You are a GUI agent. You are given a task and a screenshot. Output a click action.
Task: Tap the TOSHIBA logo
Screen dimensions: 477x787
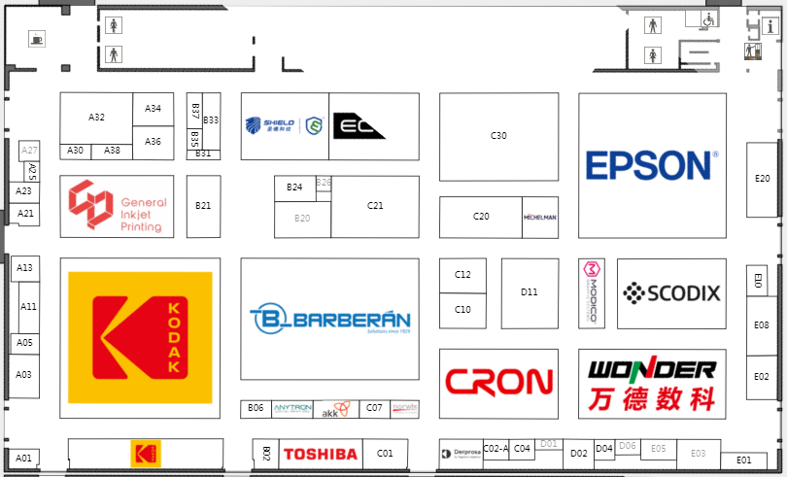pos(320,454)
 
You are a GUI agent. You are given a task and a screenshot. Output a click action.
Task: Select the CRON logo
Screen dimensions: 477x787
pos(497,382)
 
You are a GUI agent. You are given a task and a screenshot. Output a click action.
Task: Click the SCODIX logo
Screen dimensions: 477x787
pos(671,291)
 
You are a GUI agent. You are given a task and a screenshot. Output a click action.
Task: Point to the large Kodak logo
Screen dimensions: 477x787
pos(140,337)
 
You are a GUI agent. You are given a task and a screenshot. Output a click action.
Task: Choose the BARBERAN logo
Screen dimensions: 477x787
pos(329,320)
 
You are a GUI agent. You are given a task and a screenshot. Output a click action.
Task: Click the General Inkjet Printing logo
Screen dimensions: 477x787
pos(117,207)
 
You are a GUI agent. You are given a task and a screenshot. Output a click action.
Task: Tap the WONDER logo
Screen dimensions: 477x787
pos(652,383)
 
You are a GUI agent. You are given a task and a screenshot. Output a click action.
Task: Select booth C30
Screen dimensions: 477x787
pos(498,136)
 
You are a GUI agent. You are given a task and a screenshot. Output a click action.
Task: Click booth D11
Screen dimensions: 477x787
pos(530,292)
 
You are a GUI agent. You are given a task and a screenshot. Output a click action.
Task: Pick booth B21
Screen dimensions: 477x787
pos(203,206)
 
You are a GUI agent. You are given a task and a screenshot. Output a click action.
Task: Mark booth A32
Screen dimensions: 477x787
pos(96,118)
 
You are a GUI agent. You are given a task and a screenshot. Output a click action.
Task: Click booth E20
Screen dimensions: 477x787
pos(763,179)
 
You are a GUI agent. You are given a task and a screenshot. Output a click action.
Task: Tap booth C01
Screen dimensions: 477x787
pos(385,454)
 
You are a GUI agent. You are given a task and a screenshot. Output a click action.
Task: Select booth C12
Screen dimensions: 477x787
pos(462,275)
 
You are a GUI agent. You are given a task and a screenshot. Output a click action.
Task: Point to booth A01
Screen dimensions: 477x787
pos(24,458)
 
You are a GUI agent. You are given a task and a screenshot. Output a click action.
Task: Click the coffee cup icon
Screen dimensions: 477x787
pos(37,40)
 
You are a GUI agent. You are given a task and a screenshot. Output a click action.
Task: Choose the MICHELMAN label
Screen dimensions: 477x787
pos(539,218)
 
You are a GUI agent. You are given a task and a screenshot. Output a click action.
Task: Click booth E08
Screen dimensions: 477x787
pos(763,325)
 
